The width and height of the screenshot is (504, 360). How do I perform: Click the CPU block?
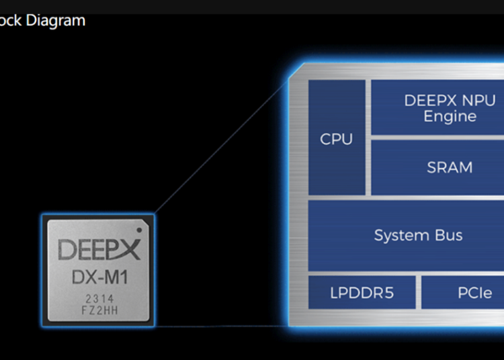[x=337, y=138]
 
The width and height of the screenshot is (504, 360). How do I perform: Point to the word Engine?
[x=450, y=116]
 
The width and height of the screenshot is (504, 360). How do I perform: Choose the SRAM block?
[x=450, y=167]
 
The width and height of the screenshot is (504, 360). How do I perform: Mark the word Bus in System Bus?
[x=448, y=236]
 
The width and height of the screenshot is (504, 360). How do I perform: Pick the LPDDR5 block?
[x=362, y=293]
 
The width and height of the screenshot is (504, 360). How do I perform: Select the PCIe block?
[x=474, y=293]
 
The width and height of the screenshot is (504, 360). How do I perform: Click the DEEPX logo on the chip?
[x=99, y=249]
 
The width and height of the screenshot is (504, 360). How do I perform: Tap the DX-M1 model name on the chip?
[x=99, y=276]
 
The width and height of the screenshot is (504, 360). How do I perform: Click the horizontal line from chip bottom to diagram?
[x=222, y=327]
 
